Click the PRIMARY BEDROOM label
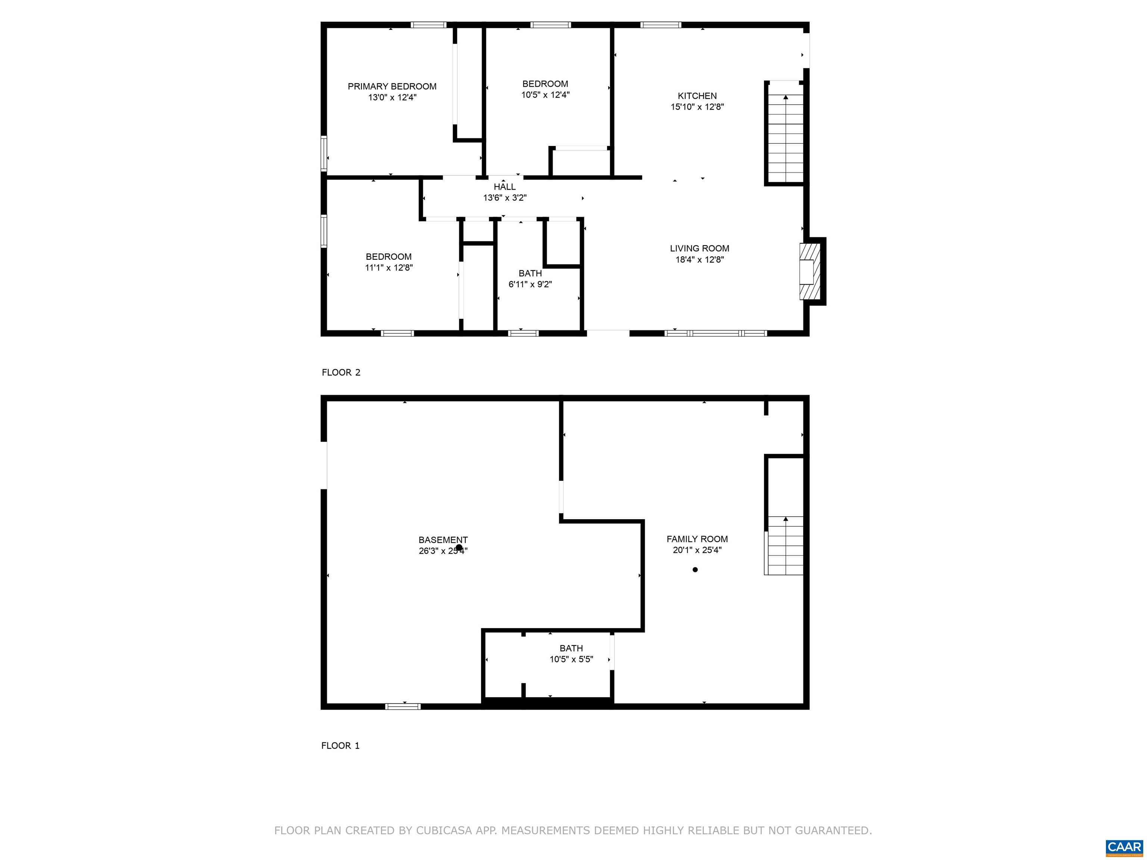pos(392,87)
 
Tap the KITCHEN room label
pos(697,96)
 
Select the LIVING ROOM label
pos(699,248)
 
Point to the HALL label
pos(504,187)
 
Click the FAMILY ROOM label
pos(697,539)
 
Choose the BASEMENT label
pos(443,540)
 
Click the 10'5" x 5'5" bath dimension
pos(571,660)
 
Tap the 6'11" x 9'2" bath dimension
pos(530,284)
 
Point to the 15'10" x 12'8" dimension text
pos(697,107)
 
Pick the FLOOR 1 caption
pos(340,745)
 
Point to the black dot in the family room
pos(695,570)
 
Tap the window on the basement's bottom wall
pos(403,706)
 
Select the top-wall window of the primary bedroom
pos(429,24)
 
